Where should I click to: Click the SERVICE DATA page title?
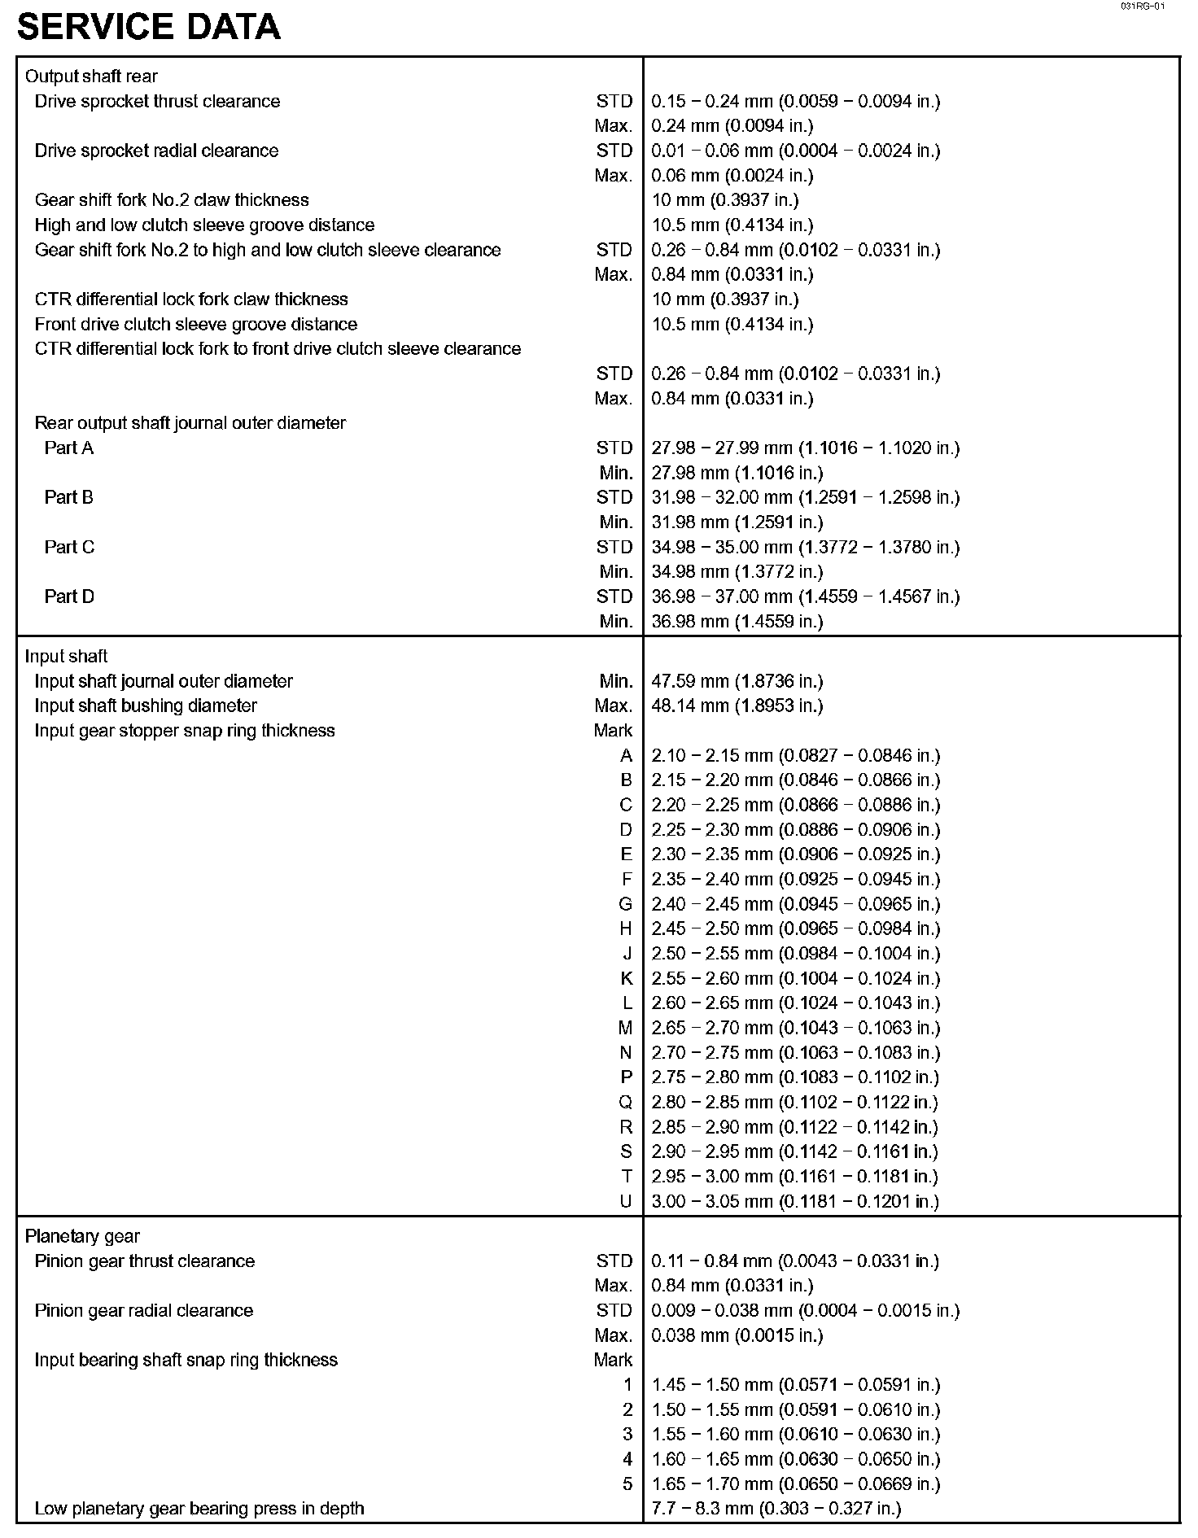coord(148,27)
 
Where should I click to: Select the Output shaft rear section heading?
coord(91,76)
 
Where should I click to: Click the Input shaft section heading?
coord(66,657)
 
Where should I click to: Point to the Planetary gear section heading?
coord(82,1237)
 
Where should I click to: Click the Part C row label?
coord(69,547)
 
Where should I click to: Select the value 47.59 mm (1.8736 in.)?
coord(737,681)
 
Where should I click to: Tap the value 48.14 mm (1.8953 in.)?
coord(737,706)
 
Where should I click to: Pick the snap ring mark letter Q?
coord(625,1103)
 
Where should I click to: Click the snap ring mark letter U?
coord(625,1201)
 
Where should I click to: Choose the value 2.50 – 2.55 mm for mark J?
coord(795,954)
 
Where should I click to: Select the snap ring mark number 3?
coord(627,1435)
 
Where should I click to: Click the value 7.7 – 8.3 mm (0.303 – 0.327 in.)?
coord(776,1509)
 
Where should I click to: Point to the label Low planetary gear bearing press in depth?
coord(199,1509)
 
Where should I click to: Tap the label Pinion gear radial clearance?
coord(144,1311)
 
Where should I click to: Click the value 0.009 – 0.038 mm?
coord(805,1311)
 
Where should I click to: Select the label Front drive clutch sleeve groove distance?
coord(196,324)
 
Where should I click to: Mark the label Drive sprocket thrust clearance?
coord(157,102)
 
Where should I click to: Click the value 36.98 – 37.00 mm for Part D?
coord(805,596)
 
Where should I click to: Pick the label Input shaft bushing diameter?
coord(146,706)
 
